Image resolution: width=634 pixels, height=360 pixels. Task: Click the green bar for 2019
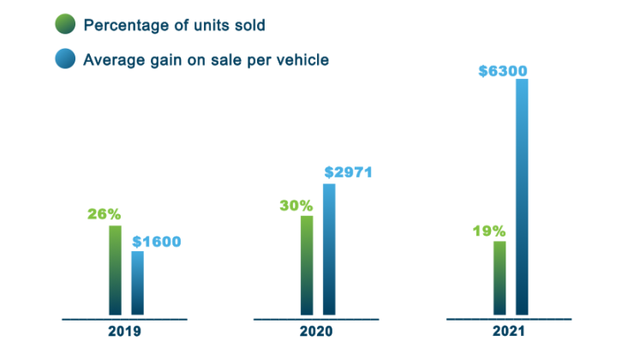coord(115,271)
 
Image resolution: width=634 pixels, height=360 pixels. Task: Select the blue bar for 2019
coord(137,284)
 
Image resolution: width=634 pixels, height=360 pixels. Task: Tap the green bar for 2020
coord(307,266)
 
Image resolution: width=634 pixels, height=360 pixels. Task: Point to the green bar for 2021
coord(499,279)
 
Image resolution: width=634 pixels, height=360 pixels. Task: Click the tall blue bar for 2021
coord(522,197)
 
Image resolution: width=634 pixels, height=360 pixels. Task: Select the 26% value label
coord(105,214)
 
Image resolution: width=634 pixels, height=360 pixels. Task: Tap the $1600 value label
coord(156,241)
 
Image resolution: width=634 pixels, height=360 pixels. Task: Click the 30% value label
coord(296,205)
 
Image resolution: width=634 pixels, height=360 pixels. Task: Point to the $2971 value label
coord(348,172)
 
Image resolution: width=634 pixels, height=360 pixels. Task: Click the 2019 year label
coord(125,332)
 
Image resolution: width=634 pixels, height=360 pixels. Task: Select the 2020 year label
coord(317,332)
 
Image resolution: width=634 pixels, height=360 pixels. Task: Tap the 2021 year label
coord(510,332)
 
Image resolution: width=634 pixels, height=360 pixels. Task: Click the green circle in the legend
coord(64,24)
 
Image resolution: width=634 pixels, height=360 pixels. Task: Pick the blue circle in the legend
coord(64,60)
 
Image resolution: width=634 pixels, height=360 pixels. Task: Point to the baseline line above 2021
coord(510,319)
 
